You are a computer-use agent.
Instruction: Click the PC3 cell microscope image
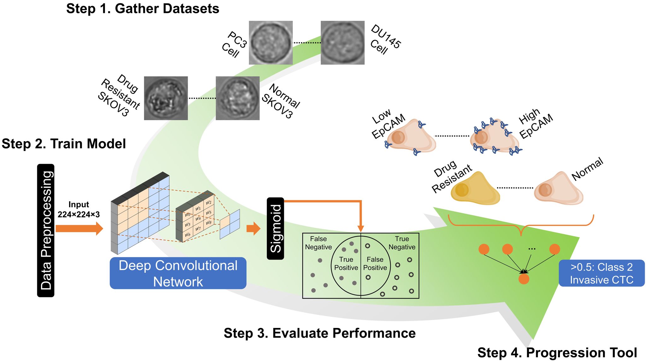tap(271, 43)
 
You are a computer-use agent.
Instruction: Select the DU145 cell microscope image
tap(343, 43)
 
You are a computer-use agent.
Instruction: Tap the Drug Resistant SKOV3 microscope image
tap(166, 98)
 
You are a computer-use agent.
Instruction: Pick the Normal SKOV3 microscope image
tap(238, 98)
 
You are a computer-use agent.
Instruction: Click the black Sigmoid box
tap(275, 228)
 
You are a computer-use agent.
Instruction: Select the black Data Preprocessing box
tap(46, 230)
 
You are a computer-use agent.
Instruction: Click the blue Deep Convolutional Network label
tap(178, 273)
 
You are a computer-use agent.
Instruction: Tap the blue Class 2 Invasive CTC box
tap(602, 273)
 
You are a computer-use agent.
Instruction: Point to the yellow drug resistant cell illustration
tap(475, 189)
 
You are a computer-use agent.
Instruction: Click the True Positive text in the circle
tap(346, 263)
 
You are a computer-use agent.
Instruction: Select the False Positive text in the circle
tap(375, 263)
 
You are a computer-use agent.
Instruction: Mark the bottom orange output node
tap(524, 279)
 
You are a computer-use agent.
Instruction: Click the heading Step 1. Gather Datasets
tap(143, 9)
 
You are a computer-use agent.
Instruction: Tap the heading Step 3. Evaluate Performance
tap(320, 333)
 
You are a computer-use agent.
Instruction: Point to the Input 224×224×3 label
tap(79, 209)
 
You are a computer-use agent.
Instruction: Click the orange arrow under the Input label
tap(79, 228)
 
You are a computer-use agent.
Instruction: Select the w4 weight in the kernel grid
tap(198, 218)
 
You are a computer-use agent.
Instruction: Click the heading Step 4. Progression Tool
tap(557, 352)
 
